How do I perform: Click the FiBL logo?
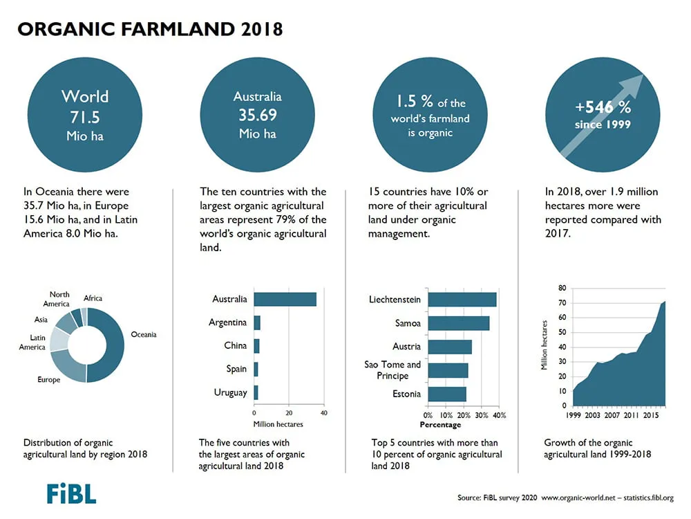tap(71, 494)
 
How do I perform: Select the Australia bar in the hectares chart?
tap(285, 299)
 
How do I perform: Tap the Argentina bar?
tap(257, 322)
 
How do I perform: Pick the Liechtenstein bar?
tap(462, 300)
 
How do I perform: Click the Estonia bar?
tap(447, 394)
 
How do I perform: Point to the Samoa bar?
tap(459, 323)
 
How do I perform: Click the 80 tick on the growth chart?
tap(562, 288)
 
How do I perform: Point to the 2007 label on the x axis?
tap(612, 415)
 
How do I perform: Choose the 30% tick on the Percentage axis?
tap(481, 415)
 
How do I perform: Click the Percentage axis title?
tap(440, 425)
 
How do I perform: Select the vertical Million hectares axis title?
tap(545, 345)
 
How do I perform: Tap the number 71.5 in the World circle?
tap(85, 118)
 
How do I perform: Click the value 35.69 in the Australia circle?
tap(258, 115)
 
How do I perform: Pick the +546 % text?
tap(603, 107)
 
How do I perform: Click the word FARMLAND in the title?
tap(178, 29)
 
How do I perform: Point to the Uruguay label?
tap(231, 393)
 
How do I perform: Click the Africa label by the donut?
tap(93, 298)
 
